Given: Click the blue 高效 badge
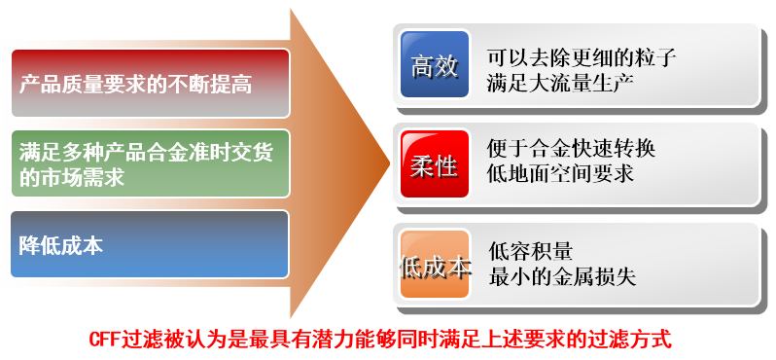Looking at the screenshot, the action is pos(435,64).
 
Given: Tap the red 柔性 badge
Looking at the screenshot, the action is pos(435,163).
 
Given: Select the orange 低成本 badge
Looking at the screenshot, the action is pos(435,265).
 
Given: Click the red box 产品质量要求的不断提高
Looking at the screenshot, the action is pos(150,84).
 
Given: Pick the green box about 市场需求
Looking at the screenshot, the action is pos(150,163).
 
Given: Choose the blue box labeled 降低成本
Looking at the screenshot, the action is pos(150,244).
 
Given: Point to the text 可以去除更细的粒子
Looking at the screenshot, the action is pos(582,58).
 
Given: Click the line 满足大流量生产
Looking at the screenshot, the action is pos(560,84).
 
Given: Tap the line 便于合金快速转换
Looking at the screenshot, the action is pos(571,149).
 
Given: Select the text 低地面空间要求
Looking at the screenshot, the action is pos(560,173).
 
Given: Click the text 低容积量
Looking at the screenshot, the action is pos(531,252).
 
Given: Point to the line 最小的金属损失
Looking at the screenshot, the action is pos(562,276).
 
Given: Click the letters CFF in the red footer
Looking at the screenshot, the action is pos(104,341).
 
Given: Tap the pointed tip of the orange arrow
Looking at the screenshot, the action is pos(390,162).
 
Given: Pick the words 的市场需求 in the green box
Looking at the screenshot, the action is pos(71,177).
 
